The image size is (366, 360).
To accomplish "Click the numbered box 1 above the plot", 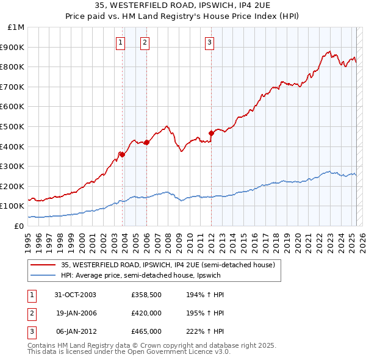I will [120, 42].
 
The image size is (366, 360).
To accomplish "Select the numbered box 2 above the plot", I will [145, 42].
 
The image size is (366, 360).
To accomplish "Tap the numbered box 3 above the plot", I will [209, 42].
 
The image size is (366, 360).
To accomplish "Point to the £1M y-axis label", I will [16, 27].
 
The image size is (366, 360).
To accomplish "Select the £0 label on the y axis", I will [20, 226].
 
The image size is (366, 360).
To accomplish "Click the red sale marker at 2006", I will [146, 142].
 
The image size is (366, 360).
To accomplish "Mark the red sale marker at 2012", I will [211, 133].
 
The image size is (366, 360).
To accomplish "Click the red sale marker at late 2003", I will [123, 154].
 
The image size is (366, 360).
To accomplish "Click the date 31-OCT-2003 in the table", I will [75, 295].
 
